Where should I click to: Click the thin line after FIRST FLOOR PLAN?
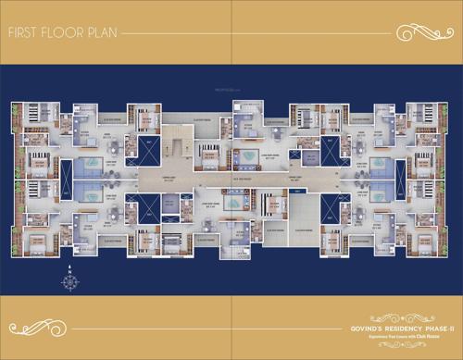point(250,34)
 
